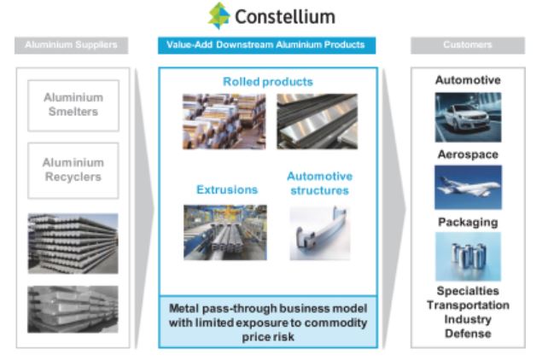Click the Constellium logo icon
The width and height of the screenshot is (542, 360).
(219, 15)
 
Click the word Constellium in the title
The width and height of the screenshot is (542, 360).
(284, 16)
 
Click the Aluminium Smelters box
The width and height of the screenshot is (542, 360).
(73, 104)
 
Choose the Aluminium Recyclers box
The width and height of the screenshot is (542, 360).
(73, 169)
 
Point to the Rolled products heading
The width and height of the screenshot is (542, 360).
(267, 82)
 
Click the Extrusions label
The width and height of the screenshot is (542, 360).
(227, 189)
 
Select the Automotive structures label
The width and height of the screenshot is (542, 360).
(318, 183)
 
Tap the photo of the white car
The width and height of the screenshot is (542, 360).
(468, 117)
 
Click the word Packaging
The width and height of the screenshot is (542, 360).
(468, 222)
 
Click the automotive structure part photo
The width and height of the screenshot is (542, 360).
(318, 232)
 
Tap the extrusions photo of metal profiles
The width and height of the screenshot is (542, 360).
(224, 232)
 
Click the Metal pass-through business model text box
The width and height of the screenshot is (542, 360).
(268, 321)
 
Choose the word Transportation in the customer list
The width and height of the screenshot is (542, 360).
(468, 305)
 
